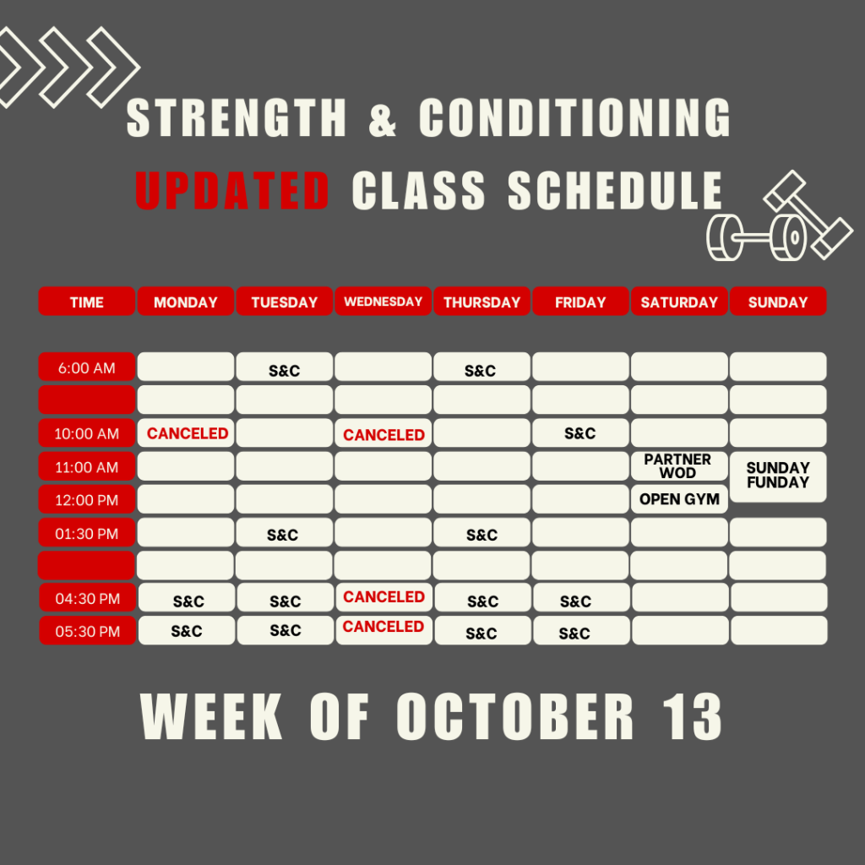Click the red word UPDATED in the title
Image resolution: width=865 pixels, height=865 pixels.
(232, 190)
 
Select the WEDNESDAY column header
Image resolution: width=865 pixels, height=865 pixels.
(383, 302)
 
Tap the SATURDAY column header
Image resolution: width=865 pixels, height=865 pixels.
(679, 302)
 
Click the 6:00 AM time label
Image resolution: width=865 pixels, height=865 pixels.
(87, 367)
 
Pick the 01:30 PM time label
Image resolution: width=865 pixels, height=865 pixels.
(87, 533)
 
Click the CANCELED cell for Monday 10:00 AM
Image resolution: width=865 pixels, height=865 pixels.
(186, 433)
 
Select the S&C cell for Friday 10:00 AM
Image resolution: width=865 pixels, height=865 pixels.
(580, 433)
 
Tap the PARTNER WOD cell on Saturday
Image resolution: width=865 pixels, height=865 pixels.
(679, 466)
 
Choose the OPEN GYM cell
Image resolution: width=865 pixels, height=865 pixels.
(679, 499)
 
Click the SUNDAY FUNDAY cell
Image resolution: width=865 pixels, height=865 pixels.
(778, 476)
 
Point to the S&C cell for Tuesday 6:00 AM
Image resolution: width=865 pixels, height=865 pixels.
(284, 367)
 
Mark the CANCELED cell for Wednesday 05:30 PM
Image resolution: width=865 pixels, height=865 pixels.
(384, 630)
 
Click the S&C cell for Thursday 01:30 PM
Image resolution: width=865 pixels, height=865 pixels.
(481, 533)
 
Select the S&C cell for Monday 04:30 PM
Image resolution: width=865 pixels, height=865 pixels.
(187, 597)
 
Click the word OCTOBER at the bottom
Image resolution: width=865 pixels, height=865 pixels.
(515, 716)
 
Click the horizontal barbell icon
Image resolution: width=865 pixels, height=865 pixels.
(757, 237)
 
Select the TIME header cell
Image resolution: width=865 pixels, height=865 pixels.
(87, 302)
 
